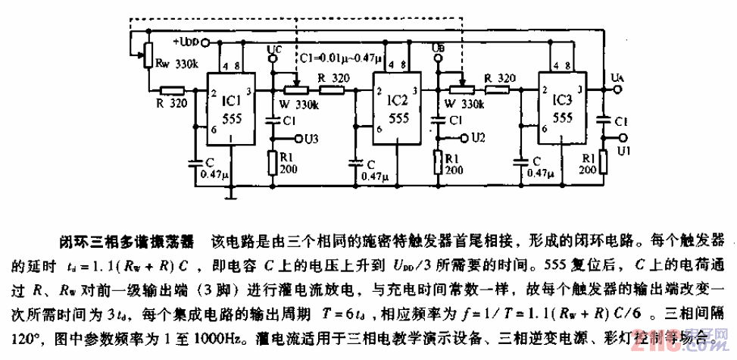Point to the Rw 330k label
[176, 66]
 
